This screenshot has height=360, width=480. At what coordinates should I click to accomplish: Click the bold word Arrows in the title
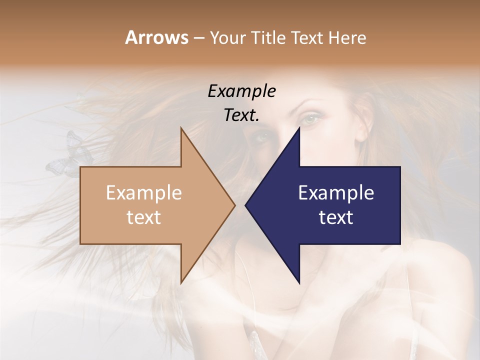coord(156,37)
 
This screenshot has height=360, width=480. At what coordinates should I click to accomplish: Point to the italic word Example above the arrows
coord(241,91)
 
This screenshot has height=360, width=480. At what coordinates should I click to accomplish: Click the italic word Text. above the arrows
coord(241,115)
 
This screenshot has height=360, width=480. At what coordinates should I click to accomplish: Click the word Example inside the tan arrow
coord(143,192)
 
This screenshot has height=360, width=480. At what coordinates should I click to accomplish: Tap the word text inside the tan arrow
coord(143,217)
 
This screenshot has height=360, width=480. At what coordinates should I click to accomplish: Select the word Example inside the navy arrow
coord(336,192)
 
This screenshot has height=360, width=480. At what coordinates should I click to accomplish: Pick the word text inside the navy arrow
coord(336,217)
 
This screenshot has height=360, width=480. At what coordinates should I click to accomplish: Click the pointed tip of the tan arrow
coord(234,205)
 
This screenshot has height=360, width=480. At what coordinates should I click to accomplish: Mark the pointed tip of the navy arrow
coord(246,205)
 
